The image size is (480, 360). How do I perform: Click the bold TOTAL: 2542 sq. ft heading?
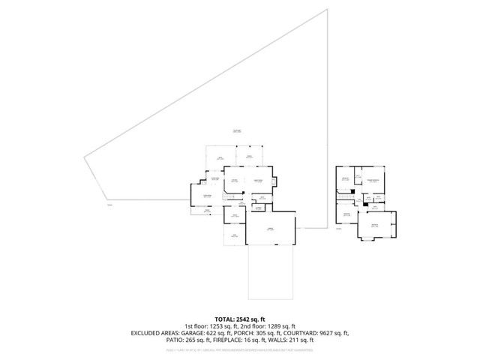pos(239,319)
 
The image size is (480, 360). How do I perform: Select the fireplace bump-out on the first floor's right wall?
pos(275,181)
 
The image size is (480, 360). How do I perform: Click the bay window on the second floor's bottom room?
pos(374,238)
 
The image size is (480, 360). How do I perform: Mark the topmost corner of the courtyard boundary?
pos(328,10)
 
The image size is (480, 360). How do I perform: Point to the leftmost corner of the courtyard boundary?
pos(83,156)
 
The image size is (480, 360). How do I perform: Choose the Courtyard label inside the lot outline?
pos(236,131)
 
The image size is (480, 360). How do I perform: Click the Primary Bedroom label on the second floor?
pos(372,180)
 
